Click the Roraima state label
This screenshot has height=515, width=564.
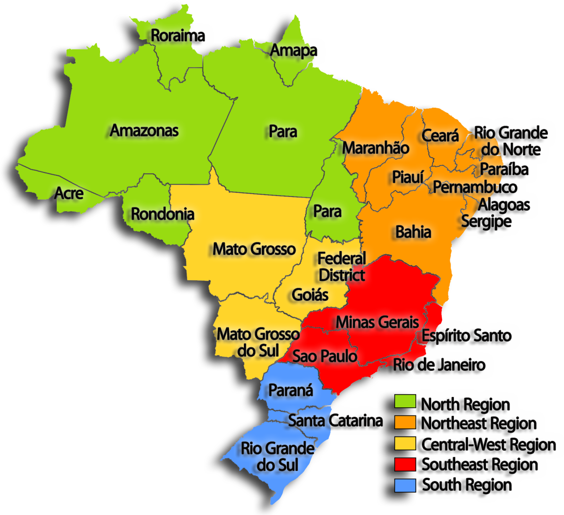pos(178,35)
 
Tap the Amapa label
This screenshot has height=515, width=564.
pos(293,51)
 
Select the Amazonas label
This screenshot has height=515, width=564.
pos(144,130)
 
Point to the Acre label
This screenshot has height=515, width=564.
pos(69,193)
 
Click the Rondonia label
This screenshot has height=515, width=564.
pos(162,214)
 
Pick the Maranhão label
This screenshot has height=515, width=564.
pos(376,148)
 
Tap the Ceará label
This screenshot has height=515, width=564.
pos(440,136)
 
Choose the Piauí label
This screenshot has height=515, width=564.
pos(408,177)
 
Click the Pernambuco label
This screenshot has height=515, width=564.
pos(475,188)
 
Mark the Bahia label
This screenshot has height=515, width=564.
pos(413,232)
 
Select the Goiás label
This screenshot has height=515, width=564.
pos(310,294)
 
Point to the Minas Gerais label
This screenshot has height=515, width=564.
pos(377,322)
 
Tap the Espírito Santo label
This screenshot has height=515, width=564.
pos(467,336)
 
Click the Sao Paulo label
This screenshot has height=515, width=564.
pos(325,356)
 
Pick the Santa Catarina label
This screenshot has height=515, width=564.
pos(335,420)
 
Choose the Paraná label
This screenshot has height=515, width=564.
pos(291,391)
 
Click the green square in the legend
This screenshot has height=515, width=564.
pos(405,402)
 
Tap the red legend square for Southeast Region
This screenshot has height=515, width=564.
pos(405,464)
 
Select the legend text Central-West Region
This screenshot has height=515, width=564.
pos(488,444)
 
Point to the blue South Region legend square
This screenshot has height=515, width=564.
pos(405,485)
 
